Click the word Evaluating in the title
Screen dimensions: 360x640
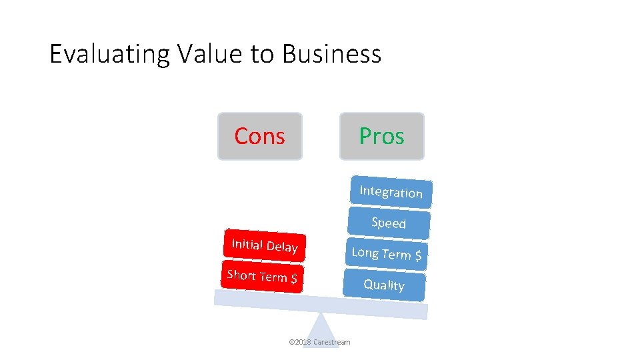coord(110,54)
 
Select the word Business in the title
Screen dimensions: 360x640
coord(331,54)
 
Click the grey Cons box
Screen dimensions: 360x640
coord(260,136)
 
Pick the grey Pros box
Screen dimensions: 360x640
coord(381,136)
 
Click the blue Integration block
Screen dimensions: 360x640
coord(391,192)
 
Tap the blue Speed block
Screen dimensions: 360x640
coord(389,223)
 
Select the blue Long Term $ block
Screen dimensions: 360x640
coord(387,253)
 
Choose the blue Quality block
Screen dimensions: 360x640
coord(384,285)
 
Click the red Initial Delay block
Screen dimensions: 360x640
coord(265,246)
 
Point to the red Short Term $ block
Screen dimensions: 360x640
coord(262,276)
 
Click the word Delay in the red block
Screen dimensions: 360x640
coord(282,247)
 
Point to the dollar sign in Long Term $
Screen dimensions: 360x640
coord(418,255)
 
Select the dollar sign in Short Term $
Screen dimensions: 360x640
coord(293,279)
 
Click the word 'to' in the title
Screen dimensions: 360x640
coord(263,54)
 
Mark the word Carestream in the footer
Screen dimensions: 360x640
coord(331,342)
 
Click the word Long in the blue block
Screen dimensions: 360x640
coord(365,252)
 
